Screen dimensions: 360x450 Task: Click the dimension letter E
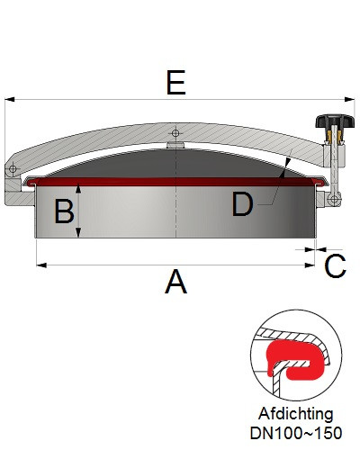pos(176,83)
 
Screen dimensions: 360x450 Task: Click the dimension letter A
pos(176,282)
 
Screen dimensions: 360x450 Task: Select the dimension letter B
pos(64,211)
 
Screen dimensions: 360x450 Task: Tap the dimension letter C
pos(336,265)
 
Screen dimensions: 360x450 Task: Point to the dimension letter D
pos(242,204)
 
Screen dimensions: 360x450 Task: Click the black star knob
pos(335,121)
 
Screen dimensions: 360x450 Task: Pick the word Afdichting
pos(296,414)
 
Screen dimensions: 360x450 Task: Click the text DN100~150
pos(296,433)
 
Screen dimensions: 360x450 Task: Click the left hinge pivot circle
pos(13,168)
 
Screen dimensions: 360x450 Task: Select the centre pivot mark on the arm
pos(175,133)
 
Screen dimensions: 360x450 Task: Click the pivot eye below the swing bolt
pos(334,198)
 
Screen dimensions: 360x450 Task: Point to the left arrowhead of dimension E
pos(10,99)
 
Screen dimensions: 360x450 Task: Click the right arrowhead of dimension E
pos(349,99)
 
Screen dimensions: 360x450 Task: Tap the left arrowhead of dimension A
pos(41,265)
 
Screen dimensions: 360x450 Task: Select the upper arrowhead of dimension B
pos(78,189)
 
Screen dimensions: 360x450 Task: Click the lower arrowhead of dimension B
pos(78,232)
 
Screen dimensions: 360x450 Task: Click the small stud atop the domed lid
pos(175,145)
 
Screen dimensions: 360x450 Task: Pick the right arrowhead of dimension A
pos(310,265)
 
